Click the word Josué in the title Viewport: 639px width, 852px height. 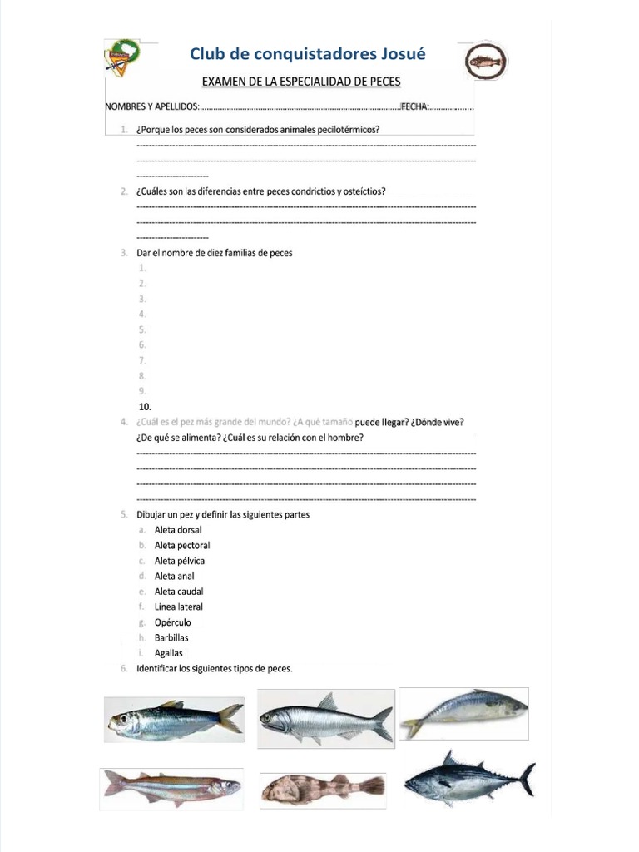tap(400, 54)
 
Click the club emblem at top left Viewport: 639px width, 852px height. tap(123, 56)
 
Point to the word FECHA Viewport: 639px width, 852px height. tap(414, 107)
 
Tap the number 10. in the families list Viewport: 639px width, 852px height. tap(145, 406)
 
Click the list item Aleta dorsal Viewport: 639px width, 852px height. tap(178, 530)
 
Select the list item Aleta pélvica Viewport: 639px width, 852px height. tap(180, 561)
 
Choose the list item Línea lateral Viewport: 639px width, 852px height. tap(178, 607)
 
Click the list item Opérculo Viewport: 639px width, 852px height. tap(172, 622)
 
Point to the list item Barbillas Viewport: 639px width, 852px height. tap(171, 638)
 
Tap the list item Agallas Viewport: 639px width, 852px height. tap(169, 653)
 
